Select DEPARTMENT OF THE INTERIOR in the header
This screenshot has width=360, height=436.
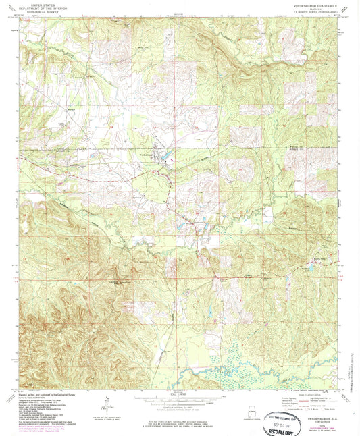(43, 7)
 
